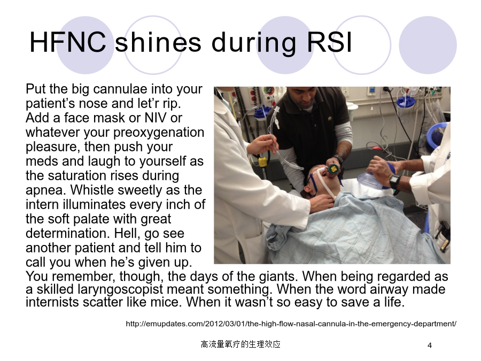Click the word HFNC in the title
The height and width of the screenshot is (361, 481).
[x=68, y=42]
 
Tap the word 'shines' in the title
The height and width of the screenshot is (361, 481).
[x=158, y=42]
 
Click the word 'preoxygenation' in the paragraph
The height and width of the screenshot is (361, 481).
[x=159, y=133]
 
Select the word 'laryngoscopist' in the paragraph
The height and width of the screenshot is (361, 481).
[x=120, y=290]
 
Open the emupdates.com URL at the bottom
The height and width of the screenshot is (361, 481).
[x=291, y=324]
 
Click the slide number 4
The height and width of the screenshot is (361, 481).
[x=430, y=345]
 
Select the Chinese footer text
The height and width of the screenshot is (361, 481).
[x=241, y=344]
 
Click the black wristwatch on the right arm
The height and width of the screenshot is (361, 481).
[x=395, y=182]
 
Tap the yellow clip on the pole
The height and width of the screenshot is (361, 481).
[x=262, y=162]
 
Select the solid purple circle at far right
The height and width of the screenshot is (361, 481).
[x=428, y=45]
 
